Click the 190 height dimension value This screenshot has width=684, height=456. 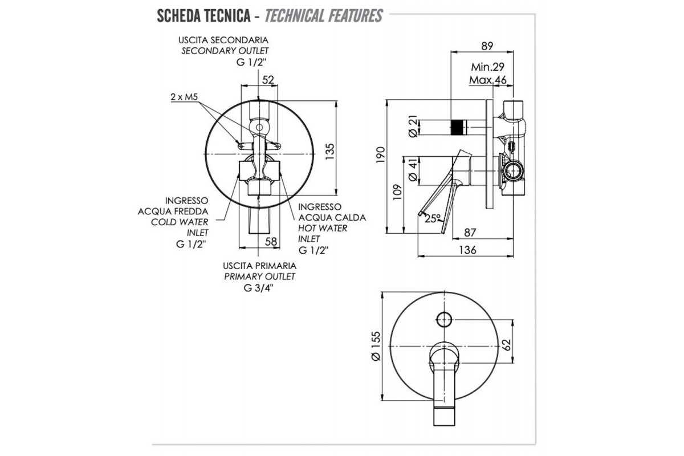tap(382, 153)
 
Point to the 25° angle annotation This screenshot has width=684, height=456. tap(433, 218)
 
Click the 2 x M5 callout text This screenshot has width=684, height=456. tap(184, 97)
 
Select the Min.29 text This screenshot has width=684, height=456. tap(488, 66)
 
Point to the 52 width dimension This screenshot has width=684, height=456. tap(268, 79)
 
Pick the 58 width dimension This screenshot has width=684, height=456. tap(271, 242)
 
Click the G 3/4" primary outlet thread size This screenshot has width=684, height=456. tap(259, 288)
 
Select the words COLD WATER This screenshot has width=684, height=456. tap(180, 222)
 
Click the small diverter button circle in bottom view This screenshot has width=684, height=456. tap(443, 319)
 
